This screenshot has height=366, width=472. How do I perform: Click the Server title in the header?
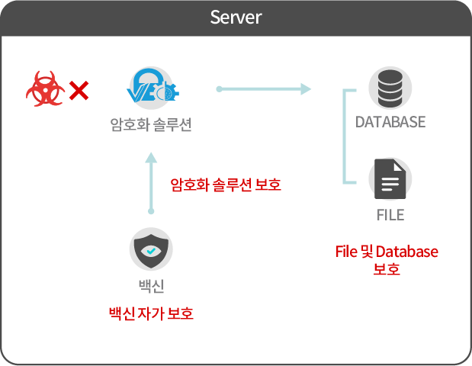[x=236, y=17]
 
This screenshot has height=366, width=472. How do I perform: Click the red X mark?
[x=79, y=91]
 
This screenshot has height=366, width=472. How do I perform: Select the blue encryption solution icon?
[x=150, y=88]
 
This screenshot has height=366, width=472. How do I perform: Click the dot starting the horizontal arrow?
[x=219, y=89]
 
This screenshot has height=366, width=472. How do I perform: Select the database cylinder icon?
[x=390, y=88]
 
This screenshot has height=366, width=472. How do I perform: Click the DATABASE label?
[x=390, y=122]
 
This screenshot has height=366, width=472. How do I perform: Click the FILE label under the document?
[x=390, y=215]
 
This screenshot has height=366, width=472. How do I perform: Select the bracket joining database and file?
[x=347, y=136]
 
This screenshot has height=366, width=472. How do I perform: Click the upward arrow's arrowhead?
[x=150, y=158]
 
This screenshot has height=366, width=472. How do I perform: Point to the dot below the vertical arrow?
[x=150, y=211]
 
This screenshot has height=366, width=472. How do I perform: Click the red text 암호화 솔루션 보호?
[x=226, y=184]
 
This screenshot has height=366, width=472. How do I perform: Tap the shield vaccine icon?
[x=150, y=249]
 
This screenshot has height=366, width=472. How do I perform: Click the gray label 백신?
[x=151, y=287]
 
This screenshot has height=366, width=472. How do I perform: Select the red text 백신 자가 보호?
[x=151, y=313]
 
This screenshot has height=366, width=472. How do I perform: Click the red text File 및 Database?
[x=387, y=252]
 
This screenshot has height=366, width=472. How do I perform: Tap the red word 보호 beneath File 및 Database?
[x=387, y=270]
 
